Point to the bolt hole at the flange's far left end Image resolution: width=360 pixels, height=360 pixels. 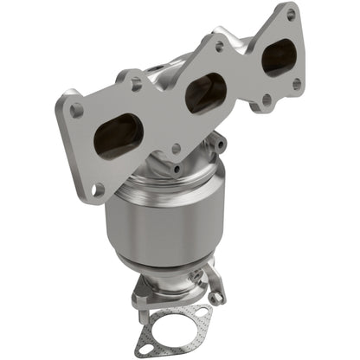coord(77,110)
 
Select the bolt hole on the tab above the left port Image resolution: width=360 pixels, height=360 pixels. coord(136,84)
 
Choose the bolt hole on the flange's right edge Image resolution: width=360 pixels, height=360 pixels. coord(297,84)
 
